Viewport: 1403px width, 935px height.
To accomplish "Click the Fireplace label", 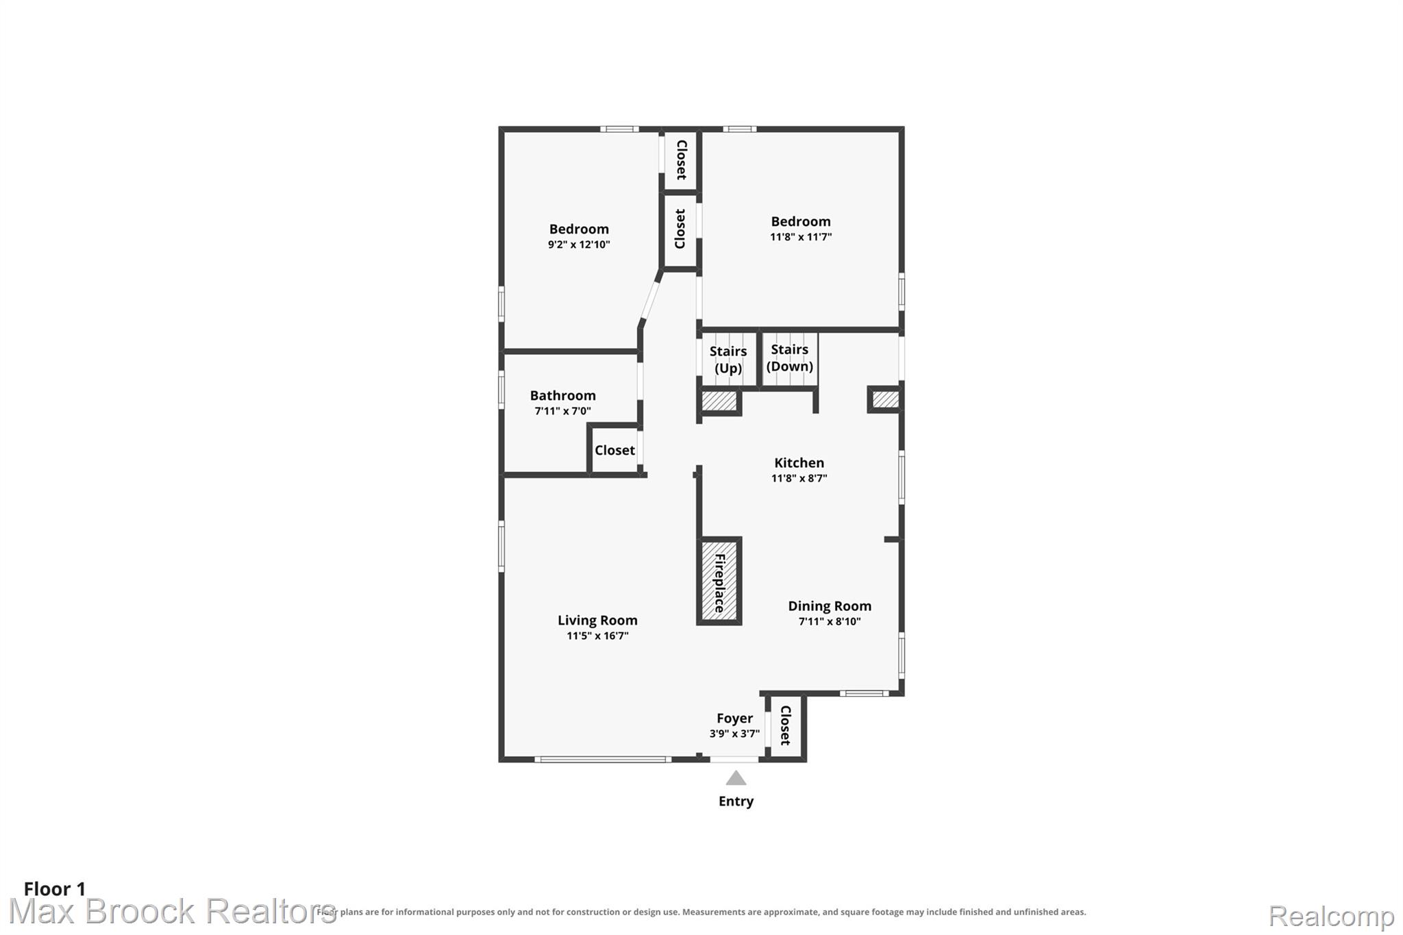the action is pos(719,583).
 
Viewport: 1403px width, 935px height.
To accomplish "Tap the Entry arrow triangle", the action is pos(736,777).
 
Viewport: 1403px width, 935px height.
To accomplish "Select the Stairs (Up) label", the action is pos(728,360).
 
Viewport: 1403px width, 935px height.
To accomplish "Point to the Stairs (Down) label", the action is pos(790,358).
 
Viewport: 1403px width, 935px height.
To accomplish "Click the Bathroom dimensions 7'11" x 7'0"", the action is pos(562,411).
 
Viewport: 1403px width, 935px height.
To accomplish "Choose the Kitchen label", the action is pos(799,462).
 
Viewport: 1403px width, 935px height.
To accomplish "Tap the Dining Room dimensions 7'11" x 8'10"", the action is pos(830,621).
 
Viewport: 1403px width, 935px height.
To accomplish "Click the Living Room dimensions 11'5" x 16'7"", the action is pos(597,636).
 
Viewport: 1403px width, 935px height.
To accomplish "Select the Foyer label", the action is pos(734,718).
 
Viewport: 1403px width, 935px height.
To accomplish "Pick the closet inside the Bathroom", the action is pos(614,450).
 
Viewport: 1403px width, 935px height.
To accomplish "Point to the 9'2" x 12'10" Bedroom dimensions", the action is pos(579,245).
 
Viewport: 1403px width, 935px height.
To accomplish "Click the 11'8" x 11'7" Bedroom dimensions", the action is pos(801,237).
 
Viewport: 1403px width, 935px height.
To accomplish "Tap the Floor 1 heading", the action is pos(55,889).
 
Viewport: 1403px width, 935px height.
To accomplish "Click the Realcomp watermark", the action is pos(1331,916).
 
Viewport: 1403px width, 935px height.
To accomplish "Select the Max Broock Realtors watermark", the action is pos(172,912).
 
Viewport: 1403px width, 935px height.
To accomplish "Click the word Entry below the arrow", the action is pos(736,801).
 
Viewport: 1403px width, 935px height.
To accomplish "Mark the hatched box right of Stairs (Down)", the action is pos(885,399).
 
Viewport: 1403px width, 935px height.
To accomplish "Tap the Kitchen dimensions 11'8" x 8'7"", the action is pos(799,478).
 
